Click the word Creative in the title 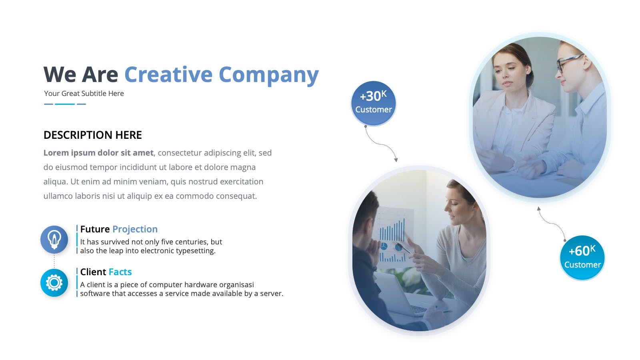click(x=168, y=74)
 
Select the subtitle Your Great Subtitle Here click(x=84, y=94)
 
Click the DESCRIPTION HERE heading click(x=92, y=135)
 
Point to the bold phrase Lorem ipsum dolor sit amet click(x=98, y=153)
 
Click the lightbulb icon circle click(x=54, y=240)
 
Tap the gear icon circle click(x=54, y=282)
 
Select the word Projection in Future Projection click(x=135, y=229)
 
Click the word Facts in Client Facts click(x=120, y=272)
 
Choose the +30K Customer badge click(x=374, y=104)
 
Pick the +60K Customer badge click(x=582, y=258)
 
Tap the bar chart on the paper click(x=392, y=230)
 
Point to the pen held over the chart click(x=403, y=248)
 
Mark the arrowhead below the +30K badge click(x=396, y=160)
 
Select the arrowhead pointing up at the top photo click(x=538, y=209)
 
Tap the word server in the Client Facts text click(x=272, y=294)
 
